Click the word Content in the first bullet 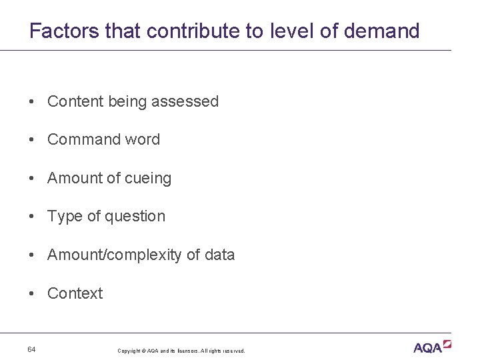click(76, 101)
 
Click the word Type click(64, 217)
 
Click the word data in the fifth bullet click(220, 255)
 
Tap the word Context click(75, 293)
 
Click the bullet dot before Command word click(32, 140)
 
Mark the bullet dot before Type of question click(32, 217)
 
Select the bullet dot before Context click(32, 293)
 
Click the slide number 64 click(32, 349)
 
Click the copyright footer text click(181, 351)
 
